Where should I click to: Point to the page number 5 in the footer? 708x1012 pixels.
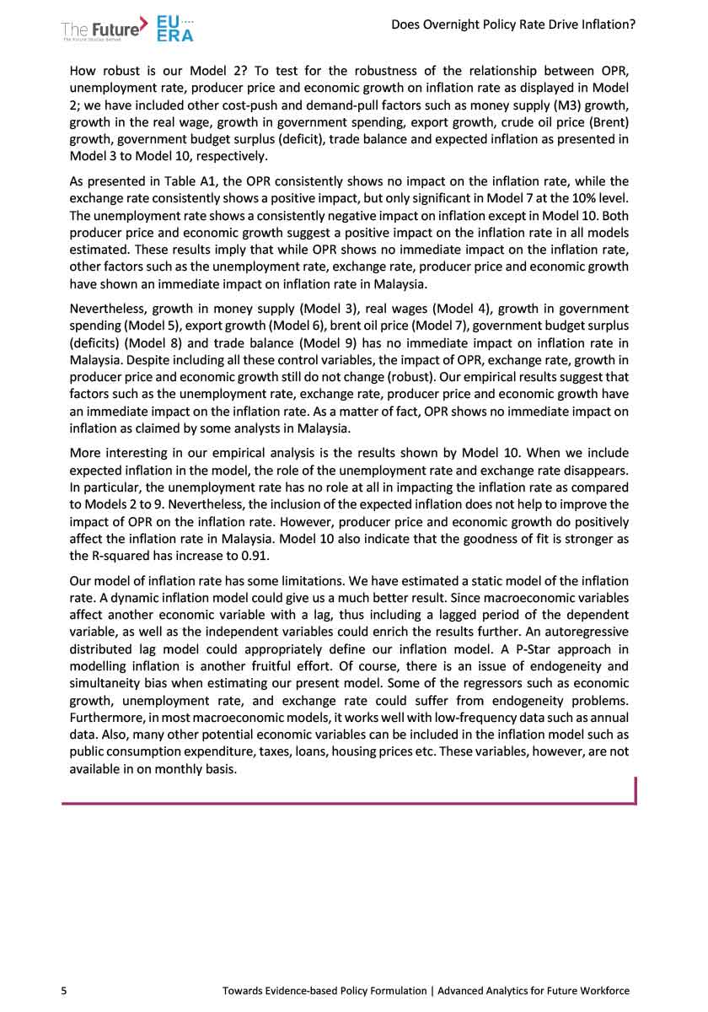(x=64, y=990)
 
